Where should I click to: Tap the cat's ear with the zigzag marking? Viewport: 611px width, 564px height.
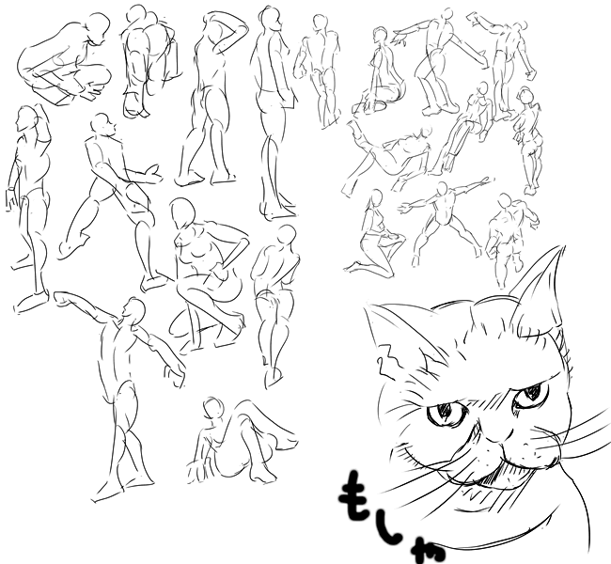point(401,343)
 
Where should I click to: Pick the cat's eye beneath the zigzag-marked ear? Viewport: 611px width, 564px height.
point(446,415)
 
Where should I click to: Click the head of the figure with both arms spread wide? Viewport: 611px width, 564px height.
point(443,189)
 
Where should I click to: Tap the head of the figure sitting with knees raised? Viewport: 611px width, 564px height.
point(212,409)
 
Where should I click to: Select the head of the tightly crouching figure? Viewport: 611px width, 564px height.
point(98,28)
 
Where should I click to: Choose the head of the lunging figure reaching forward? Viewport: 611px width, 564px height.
point(102,125)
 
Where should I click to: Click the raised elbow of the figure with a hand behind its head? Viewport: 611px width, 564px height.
point(243,28)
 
